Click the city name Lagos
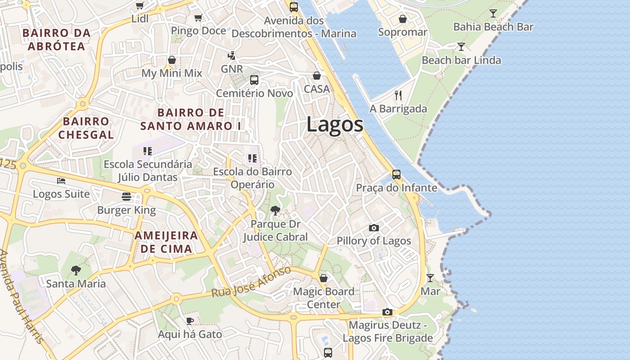click(x=335, y=124)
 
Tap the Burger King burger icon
click(x=126, y=196)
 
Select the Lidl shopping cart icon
click(x=139, y=6)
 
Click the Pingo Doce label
click(x=198, y=31)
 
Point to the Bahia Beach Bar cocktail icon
click(x=493, y=13)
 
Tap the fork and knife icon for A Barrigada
click(x=398, y=95)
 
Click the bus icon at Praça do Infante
click(x=396, y=174)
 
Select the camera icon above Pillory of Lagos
click(x=373, y=228)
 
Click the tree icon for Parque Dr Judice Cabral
click(x=275, y=210)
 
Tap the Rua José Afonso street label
click(x=252, y=282)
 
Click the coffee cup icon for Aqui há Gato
click(x=190, y=321)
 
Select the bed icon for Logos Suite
click(x=61, y=181)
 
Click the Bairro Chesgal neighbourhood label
click(x=86, y=128)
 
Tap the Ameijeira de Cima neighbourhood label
click(x=166, y=242)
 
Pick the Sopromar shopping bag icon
click(x=402, y=19)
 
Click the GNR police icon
click(x=232, y=56)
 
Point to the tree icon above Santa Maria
click(x=76, y=270)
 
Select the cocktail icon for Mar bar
click(x=430, y=278)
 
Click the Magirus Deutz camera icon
click(x=387, y=312)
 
